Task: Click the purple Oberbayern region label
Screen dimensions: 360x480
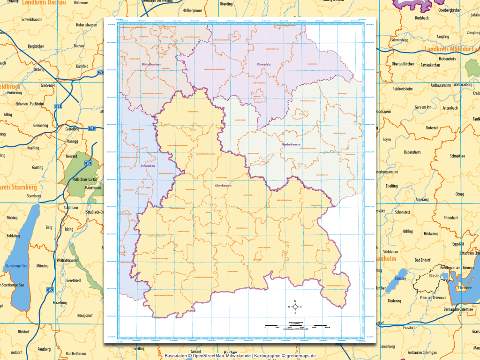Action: pyautogui.click(x=223, y=186)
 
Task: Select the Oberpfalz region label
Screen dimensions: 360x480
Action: pyautogui.click(x=264, y=64)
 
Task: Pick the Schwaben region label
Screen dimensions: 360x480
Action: pyautogui.click(x=147, y=165)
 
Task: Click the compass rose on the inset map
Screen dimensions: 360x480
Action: pyautogui.click(x=295, y=307)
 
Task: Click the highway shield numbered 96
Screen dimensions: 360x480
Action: pyautogui.click(x=92, y=128)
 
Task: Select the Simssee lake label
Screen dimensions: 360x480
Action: pyautogui.click(x=399, y=278)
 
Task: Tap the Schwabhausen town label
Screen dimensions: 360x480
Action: pyautogui.click(x=33, y=20)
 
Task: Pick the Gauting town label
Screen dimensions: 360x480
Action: pyautogui.click(x=37, y=167)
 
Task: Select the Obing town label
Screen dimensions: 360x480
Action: pyautogui.click(x=459, y=194)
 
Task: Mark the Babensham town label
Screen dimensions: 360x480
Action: pyautogui.click(x=412, y=152)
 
